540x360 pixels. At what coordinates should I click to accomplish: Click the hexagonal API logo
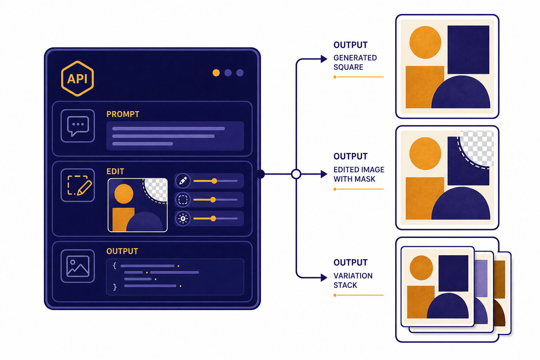coord(77,79)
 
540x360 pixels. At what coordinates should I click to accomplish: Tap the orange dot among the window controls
coord(216,73)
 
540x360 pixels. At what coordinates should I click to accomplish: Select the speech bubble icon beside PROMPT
coord(78,126)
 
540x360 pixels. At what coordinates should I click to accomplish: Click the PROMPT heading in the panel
coord(123,114)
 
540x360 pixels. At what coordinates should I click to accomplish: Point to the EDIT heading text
coord(115,172)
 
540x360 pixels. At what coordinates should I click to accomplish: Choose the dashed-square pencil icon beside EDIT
coord(78,185)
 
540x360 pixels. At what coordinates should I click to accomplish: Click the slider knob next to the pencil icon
coord(214,181)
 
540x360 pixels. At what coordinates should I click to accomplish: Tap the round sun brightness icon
coord(183,218)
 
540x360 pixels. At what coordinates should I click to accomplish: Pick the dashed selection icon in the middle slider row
coord(183,200)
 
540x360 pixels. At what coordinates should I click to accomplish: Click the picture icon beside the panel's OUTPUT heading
coord(78,266)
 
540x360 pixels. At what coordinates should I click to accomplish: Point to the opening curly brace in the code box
coord(115,266)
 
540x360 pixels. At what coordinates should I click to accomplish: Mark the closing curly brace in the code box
coord(115,287)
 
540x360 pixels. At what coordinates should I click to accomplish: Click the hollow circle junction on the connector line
coord(296,174)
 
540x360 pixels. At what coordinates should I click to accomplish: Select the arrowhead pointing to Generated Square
coord(324,59)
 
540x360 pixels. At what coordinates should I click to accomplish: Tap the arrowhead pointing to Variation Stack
coord(324,277)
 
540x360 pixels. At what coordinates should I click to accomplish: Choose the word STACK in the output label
coord(345,285)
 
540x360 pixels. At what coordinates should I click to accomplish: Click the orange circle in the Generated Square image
coord(425,43)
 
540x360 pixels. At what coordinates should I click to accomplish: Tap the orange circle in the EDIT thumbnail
coord(124,194)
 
